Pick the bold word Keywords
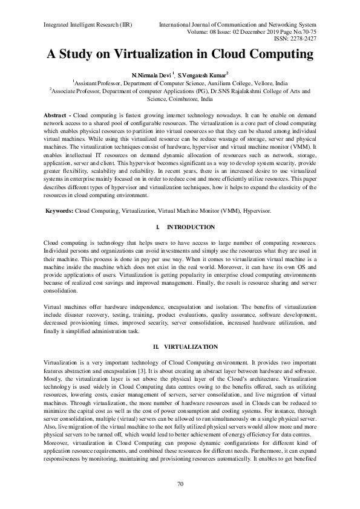(59, 210)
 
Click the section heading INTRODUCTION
(190, 227)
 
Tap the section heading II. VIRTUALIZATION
(180, 346)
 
